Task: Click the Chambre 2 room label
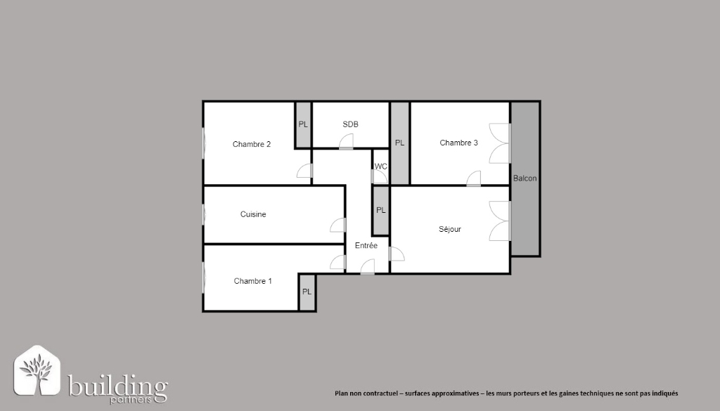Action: click(252, 144)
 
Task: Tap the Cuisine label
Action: click(253, 214)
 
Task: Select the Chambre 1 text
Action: click(252, 281)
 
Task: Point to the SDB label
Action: click(350, 124)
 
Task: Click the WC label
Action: click(380, 167)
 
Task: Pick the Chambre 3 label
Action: click(458, 143)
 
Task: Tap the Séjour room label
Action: click(450, 229)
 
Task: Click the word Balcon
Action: click(525, 178)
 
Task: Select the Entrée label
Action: click(366, 246)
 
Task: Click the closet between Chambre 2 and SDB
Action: click(303, 125)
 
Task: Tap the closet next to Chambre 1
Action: click(307, 292)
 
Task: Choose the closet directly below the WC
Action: click(380, 210)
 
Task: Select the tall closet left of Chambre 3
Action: click(400, 143)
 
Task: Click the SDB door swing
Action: click(346, 142)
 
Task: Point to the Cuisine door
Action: click(338, 225)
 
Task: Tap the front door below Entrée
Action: click(367, 267)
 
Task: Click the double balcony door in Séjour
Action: click(500, 221)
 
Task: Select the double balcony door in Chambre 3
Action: click(500, 143)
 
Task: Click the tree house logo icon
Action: click(37, 371)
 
